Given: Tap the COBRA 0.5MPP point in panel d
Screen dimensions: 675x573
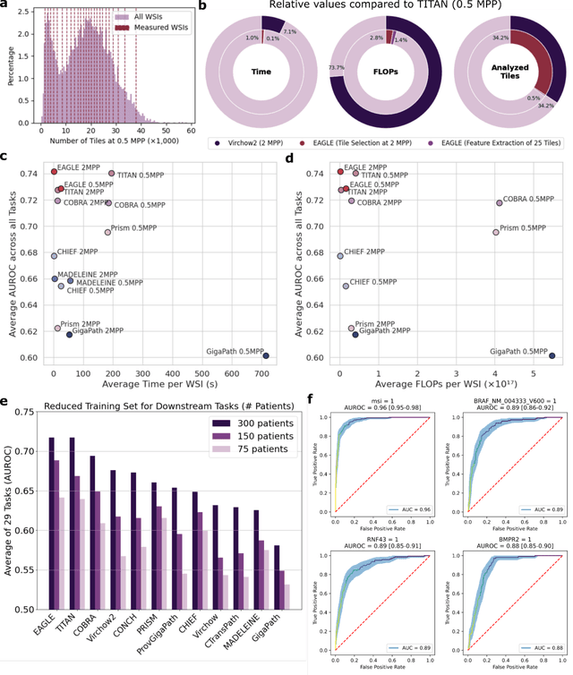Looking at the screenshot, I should [500, 203].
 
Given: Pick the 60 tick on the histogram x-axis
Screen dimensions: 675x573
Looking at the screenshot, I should [192, 130].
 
